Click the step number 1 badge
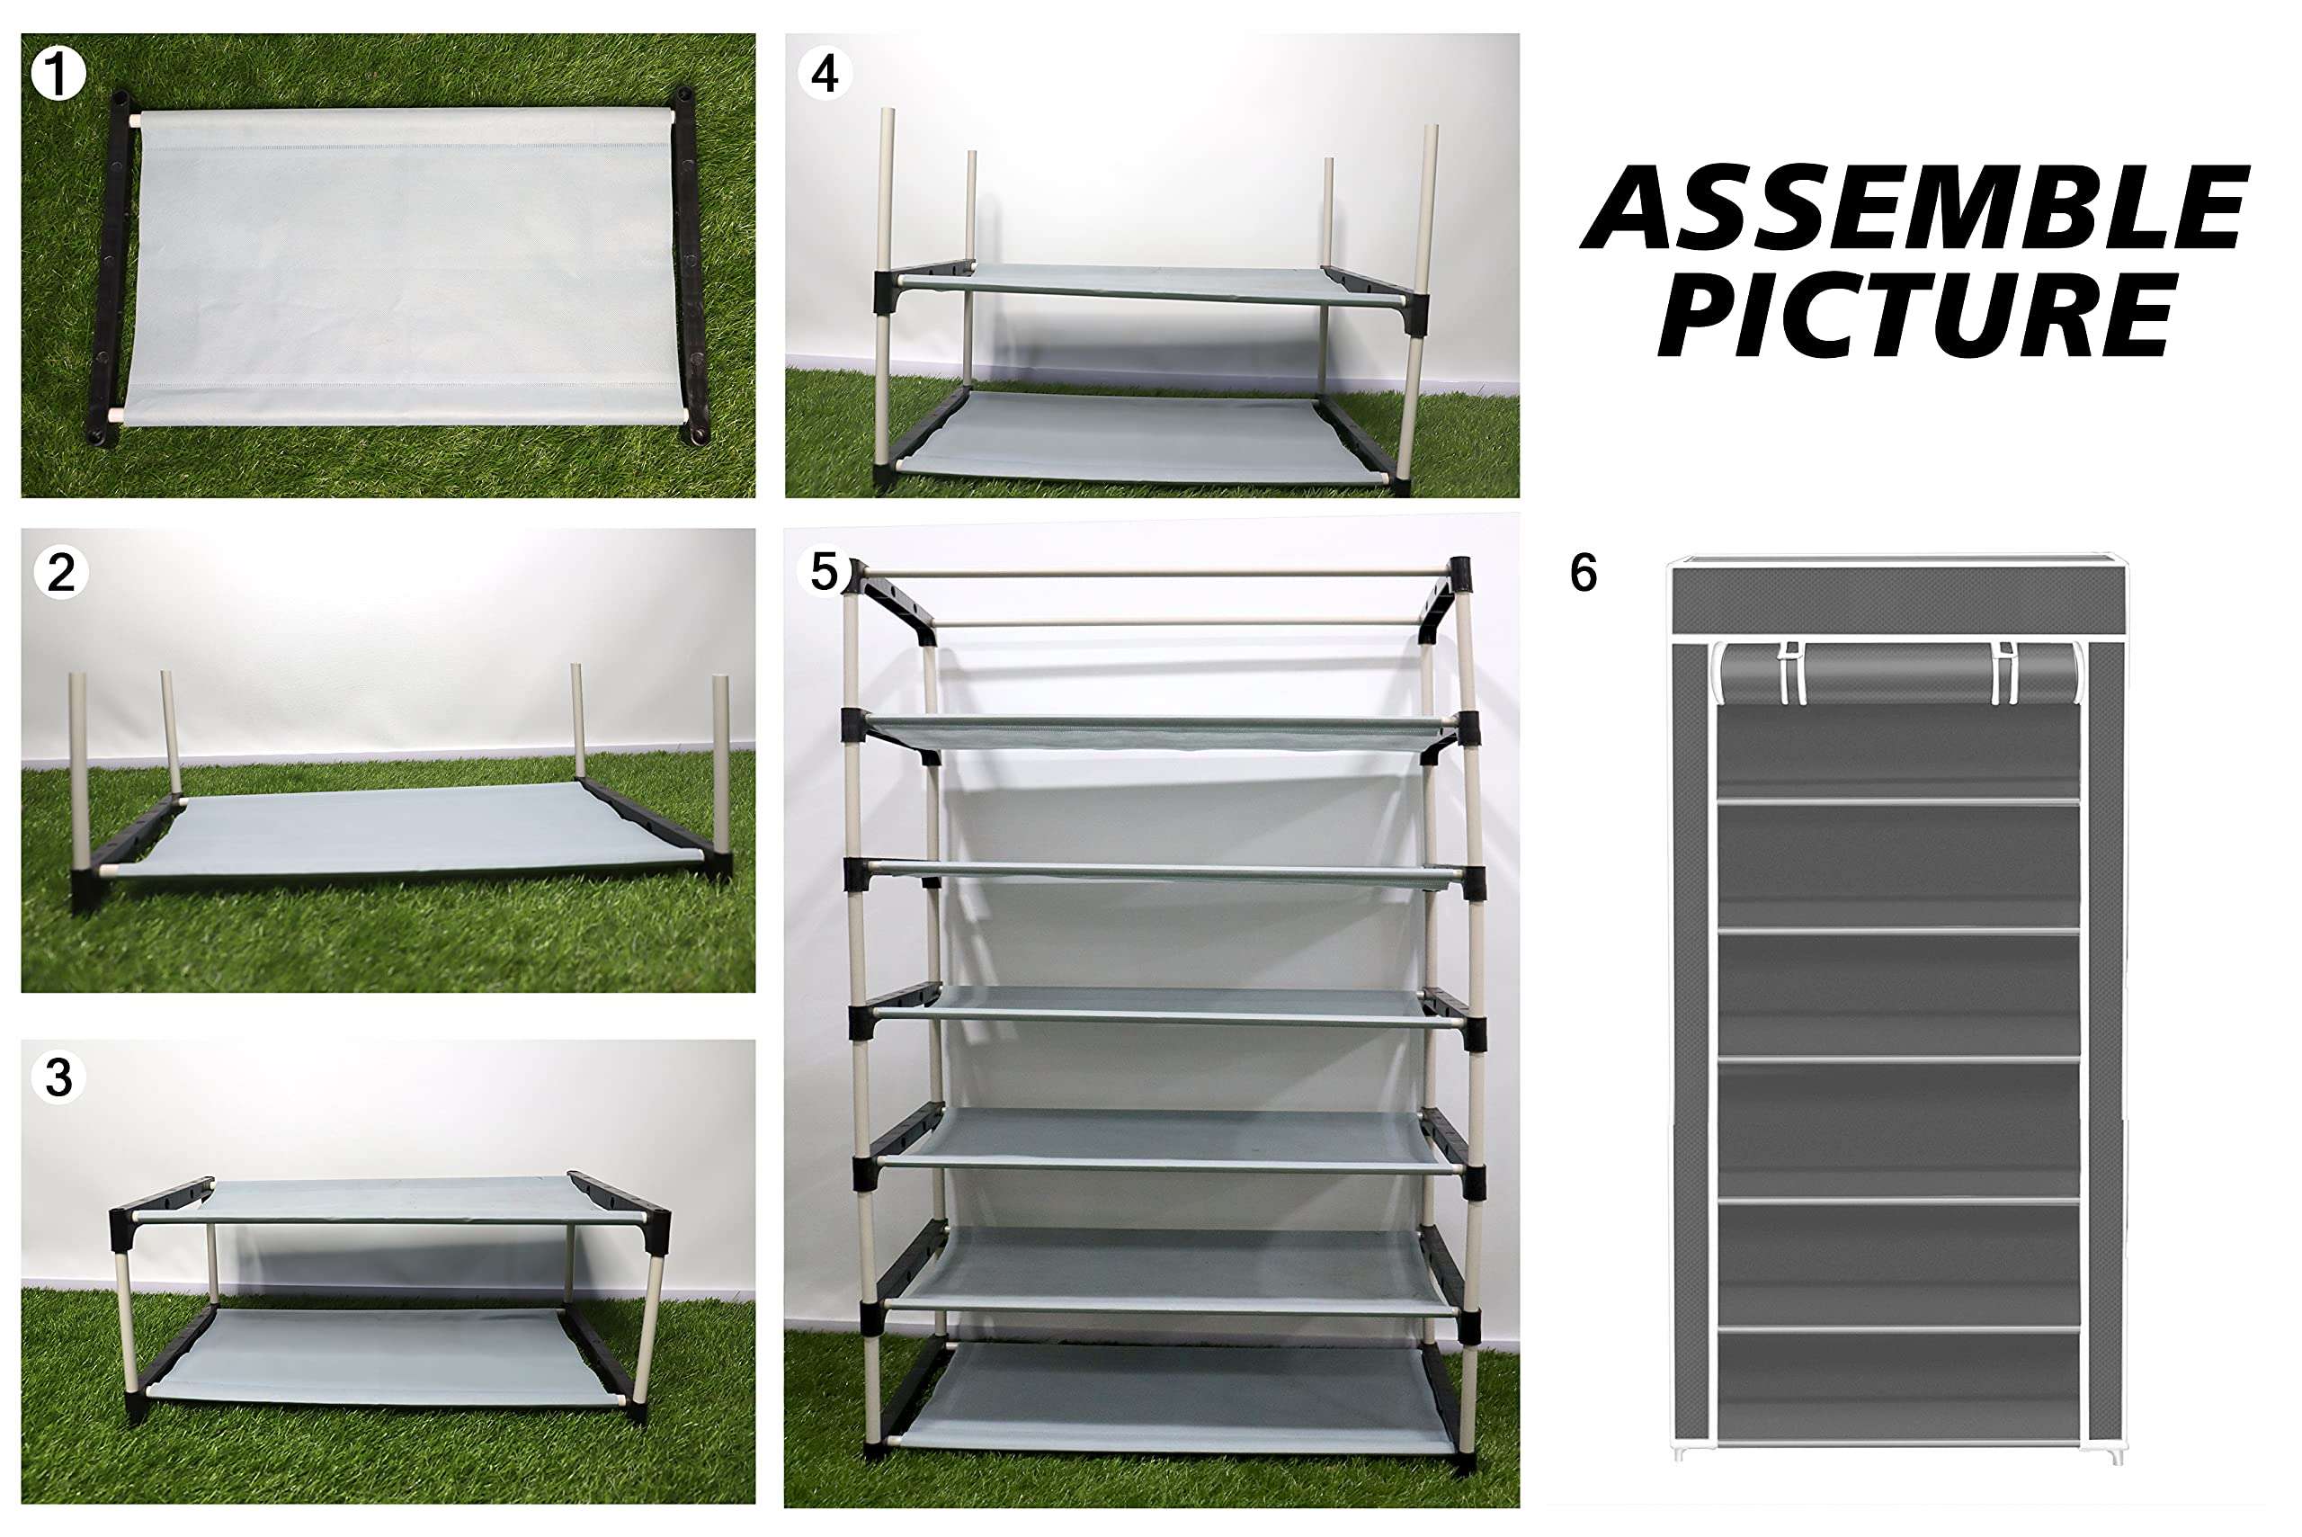pyautogui.click(x=58, y=75)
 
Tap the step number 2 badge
pyautogui.click(x=61, y=573)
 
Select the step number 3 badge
pyautogui.click(x=58, y=1077)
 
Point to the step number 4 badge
pyautogui.click(x=825, y=75)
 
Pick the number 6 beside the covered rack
pyautogui.click(x=1583, y=573)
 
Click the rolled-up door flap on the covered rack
pyautogui.click(x=1898, y=673)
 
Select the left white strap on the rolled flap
pyautogui.click(x=1789, y=673)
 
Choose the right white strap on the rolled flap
pyautogui.click(x=2006, y=673)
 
